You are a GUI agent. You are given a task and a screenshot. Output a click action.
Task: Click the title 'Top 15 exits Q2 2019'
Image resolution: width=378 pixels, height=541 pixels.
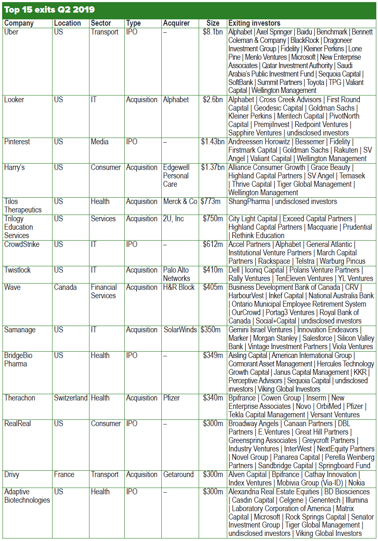pyautogui.click(x=50, y=10)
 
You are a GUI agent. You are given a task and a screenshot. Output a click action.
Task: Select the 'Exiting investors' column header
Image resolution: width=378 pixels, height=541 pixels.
pyautogui.click(x=254, y=23)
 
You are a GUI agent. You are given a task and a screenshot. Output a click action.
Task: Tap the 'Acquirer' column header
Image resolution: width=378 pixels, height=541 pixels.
pyautogui.click(x=176, y=23)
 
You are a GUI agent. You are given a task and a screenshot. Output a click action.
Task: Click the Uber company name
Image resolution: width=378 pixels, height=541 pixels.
pyautogui.click(x=11, y=32)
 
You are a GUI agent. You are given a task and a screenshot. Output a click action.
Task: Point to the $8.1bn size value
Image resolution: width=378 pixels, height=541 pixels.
pyautogui.click(x=213, y=32)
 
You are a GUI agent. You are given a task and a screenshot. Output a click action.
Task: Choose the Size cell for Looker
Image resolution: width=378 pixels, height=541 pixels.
pyautogui.click(x=213, y=100)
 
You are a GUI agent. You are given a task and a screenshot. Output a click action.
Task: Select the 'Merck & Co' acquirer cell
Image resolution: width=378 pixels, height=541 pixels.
pyautogui.click(x=180, y=202)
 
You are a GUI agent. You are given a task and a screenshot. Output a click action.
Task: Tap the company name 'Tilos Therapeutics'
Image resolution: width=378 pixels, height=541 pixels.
pyautogui.click(x=23, y=206)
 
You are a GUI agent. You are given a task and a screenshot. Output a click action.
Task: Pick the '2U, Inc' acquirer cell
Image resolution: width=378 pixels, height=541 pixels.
pyautogui.click(x=173, y=219)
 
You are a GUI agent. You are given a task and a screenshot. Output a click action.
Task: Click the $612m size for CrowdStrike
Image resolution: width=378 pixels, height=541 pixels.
pyautogui.click(x=213, y=244)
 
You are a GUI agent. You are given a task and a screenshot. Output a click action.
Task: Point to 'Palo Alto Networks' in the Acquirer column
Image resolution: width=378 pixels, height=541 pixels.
pyautogui.click(x=176, y=274)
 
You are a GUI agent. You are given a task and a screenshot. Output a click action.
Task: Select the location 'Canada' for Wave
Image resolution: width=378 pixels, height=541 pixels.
pyautogui.click(x=66, y=287)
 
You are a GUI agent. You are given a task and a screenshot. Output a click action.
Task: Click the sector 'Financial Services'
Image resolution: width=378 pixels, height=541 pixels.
pyautogui.click(x=104, y=292)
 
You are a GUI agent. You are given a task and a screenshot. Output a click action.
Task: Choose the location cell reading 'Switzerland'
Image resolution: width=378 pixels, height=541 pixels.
pyautogui.click(x=71, y=398)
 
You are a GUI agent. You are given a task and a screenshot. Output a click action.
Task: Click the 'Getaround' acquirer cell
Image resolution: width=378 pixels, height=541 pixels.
pyautogui.click(x=178, y=475)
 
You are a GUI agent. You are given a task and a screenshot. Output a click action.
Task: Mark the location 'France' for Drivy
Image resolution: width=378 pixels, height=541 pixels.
pyautogui.click(x=64, y=475)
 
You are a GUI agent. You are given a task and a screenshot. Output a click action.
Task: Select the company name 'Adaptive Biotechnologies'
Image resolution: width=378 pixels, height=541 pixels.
pyautogui.click(x=27, y=496)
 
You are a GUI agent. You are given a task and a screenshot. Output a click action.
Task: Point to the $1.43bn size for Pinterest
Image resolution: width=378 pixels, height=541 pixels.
pyautogui.click(x=213, y=142)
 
